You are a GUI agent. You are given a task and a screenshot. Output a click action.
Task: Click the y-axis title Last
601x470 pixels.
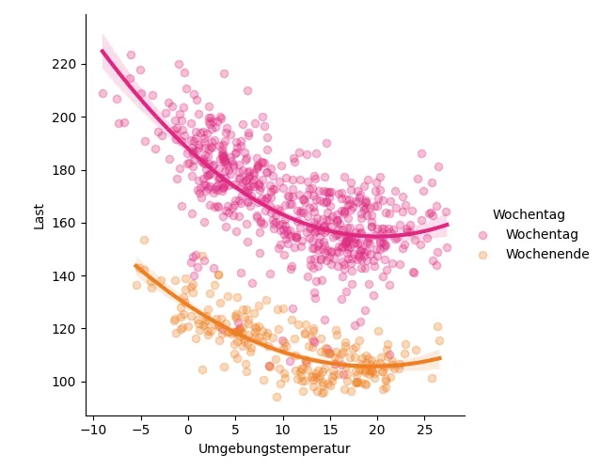[40, 215]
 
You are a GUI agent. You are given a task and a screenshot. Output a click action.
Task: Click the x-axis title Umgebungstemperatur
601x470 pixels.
[274, 449]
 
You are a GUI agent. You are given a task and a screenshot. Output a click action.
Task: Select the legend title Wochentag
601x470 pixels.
[528, 215]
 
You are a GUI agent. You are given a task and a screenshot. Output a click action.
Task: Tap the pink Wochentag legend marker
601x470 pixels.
[483, 234]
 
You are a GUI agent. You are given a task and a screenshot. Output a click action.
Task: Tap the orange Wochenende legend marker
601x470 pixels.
[483, 254]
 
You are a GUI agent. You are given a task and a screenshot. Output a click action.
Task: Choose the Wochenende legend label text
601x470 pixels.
[546, 254]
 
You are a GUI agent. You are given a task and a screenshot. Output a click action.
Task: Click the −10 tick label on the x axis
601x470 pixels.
[93, 430]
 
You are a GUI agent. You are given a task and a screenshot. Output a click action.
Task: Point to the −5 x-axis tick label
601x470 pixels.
[140, 430]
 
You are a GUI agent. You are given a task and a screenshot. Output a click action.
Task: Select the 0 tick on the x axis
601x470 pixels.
[188, 430]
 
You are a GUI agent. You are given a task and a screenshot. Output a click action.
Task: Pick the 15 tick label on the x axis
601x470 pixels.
[330, 430]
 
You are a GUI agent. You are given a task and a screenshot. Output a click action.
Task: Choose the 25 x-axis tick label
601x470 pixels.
[424, 430]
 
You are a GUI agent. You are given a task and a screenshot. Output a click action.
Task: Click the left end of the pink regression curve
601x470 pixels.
[103, 51]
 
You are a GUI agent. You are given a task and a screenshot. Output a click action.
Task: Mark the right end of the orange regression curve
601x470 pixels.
[439, 358]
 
